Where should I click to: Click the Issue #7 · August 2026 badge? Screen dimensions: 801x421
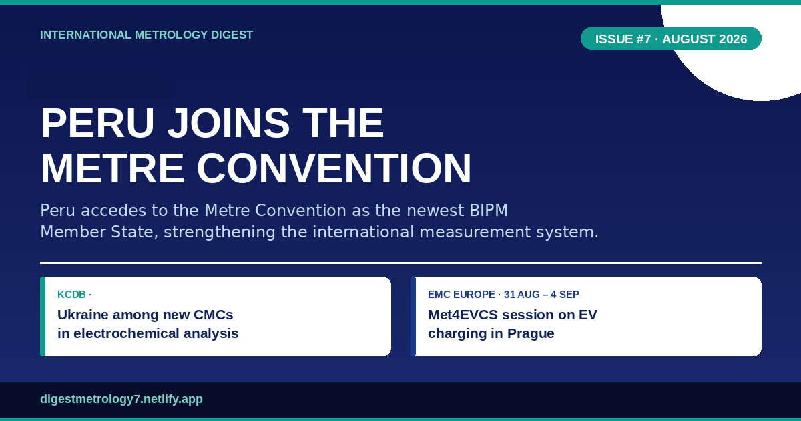pos(671,39)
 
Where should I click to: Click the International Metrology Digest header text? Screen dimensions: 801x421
pos(147,35)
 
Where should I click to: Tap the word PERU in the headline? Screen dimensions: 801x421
pos(97,123)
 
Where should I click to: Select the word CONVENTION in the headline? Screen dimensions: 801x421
pos(334,168)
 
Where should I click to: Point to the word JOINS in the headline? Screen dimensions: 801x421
pos(228,123)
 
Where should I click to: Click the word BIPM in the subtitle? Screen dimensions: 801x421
pos(489,210)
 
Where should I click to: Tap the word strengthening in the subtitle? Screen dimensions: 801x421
pos(220,232)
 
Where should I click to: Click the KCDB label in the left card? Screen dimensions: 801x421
pos(71,295)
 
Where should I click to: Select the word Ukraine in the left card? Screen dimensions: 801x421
pos(83,315)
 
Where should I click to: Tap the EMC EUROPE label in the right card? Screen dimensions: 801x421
pos(461,295)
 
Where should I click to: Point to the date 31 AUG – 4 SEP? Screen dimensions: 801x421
pos(541,295)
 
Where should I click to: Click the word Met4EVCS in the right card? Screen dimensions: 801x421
pos(463,315)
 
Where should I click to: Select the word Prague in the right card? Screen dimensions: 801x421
pos(531,333)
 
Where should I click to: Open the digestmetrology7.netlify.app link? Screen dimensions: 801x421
pos(121,399)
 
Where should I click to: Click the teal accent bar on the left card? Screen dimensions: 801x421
pos(43,317)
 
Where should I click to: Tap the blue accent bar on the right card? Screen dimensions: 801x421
pos(413,317)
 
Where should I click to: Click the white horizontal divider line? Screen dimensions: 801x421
pos(401,263)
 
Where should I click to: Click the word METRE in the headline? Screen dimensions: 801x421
pos(112,168)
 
